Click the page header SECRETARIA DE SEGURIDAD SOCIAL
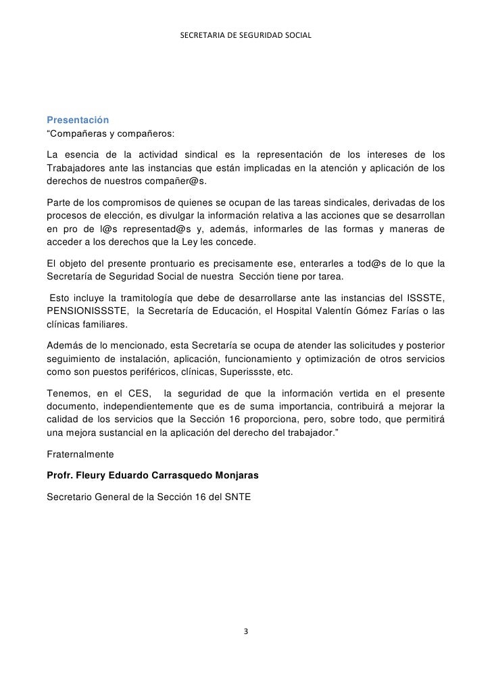click(x=246, y=35)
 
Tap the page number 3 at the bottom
click(x=246, y=632)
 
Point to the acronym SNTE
click(x=237, y=497)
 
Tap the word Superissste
click(x=252, y=372)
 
